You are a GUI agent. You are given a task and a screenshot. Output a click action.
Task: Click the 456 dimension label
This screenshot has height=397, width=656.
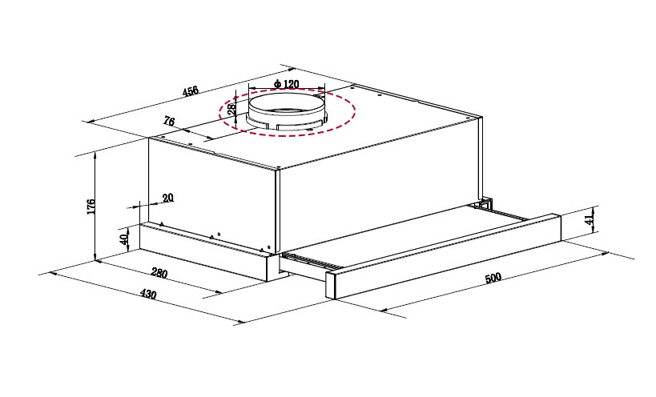click(x=191, y=90)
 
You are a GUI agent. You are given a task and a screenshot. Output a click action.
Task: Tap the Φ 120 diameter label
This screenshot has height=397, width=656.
click(x=287, y=84)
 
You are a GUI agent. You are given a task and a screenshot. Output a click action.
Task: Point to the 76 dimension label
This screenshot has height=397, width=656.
click(x=168, y=122)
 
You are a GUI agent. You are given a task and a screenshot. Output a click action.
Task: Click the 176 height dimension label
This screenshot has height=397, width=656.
click(x=91, y=207)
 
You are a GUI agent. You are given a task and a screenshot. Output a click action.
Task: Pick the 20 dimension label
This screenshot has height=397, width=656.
click(x=167, y=198)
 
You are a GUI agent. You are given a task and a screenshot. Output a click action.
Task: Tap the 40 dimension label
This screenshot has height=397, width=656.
click(x=123, y=239)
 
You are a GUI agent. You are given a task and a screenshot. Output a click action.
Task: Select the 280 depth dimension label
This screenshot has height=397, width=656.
click(x=159, y=273)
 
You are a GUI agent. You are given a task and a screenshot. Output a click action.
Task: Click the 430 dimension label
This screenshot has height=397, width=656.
click(x=147, y=295)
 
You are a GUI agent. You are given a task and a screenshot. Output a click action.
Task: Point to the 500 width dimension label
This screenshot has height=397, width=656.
click(x=493, y=278)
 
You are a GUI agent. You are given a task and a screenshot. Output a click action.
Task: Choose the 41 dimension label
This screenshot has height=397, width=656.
click(x=590, y=219)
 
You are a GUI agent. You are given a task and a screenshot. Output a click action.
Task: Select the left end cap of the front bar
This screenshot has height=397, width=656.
click(x=331, y=285)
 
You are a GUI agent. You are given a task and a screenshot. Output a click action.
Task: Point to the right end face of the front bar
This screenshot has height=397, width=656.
click(x=557, y=228)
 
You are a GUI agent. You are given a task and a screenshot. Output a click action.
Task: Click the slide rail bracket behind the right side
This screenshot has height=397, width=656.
click(x=485, y=204)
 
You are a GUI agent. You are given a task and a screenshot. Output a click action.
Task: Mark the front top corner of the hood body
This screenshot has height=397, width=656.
click(x=277, y=170)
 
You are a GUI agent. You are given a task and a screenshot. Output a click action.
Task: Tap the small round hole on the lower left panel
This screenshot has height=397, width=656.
click(x=219, y=235)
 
